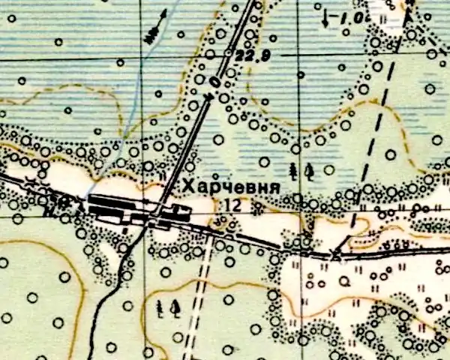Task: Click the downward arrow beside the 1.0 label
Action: click(x=325, y=18)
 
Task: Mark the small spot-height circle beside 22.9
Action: click(x=228, y=53)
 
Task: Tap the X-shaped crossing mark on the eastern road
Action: click(x=335, y=256)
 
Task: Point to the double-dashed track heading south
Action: click(x=196, y=300)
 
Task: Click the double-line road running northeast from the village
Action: click(x=191, y=135)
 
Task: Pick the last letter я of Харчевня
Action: click(x=275, y=188)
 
